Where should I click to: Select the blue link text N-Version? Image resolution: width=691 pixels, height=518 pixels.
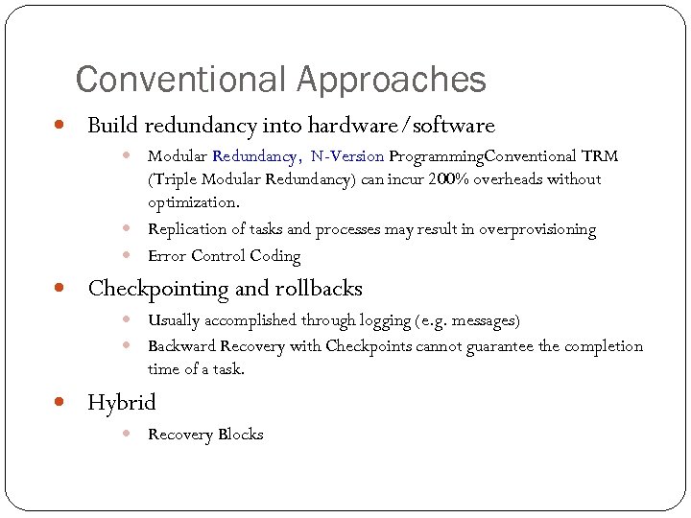347,155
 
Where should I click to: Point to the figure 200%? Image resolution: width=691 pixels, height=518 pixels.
442,178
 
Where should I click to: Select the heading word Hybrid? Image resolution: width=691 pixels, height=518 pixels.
122,402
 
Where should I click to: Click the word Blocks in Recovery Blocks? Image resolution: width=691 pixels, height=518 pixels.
240,435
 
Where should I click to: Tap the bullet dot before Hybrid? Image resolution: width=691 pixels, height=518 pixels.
60,402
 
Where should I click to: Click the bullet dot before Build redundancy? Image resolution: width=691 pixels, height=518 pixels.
60,126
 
